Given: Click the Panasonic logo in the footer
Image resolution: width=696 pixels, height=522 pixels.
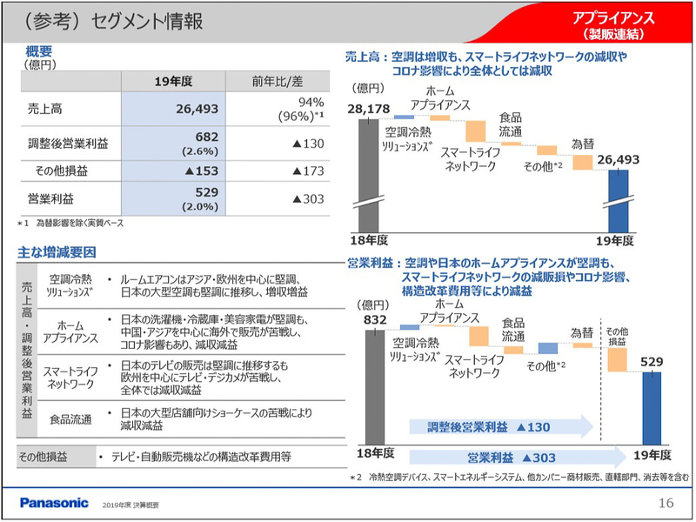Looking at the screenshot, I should [x=54, y=502].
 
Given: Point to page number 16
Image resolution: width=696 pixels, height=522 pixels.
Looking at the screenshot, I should [x=666, y=502].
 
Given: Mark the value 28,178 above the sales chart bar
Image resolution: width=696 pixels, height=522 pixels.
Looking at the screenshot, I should [x=371, y=108].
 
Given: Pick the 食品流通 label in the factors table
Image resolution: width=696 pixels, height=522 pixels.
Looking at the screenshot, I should [x=70, y=419].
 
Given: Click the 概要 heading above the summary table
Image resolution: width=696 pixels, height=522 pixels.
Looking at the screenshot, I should [x=40, y=51].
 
